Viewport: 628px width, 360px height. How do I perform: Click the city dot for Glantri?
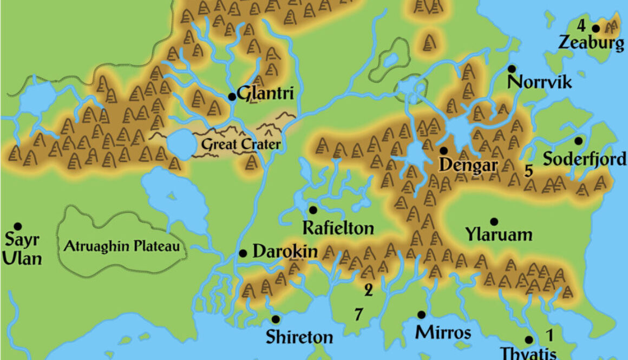(x=232, y=97)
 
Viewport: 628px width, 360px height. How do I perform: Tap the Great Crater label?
(x=241, y=145)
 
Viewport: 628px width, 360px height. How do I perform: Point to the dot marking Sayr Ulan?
(x=18, y=226)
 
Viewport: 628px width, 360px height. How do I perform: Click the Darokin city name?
(x=285, y=252)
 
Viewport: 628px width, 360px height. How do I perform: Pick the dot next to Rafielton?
(x=313, y=210)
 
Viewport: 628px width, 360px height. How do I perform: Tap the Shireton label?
(x=299, y=337)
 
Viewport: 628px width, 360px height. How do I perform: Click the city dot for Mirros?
(x=421, y=315)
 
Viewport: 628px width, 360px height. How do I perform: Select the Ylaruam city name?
(x=499, y=235)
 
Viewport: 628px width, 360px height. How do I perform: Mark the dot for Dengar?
(x=443, y=150)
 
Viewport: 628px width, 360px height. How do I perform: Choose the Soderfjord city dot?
(x=578, y=141)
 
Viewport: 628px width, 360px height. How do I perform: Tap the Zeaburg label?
(x=591, y=43)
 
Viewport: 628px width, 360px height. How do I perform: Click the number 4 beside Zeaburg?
(x=581, y=25)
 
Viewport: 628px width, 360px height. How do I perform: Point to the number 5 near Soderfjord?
(x=529, y=171)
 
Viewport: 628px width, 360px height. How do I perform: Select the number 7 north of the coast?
(x=358, y=313)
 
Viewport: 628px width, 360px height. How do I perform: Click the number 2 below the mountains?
(x=368, y=291)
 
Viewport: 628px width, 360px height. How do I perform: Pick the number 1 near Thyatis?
(x=549, y=335)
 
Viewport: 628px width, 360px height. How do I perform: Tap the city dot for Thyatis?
(x=529, y=340)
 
